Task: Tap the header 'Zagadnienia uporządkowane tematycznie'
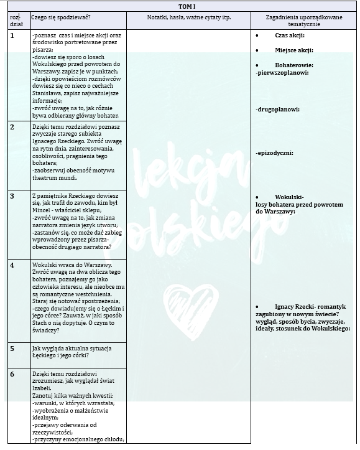(x=305, y=21)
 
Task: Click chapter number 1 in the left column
(x=12, y=35)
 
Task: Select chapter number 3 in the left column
(x=12, y=195)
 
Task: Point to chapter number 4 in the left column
(x=12, y=265)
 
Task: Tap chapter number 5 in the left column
(x=12, y=347)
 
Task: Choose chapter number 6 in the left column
(x=12, y=373)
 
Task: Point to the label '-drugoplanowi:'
(x=277, y=110)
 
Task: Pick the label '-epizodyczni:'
(x=274, y=153)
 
